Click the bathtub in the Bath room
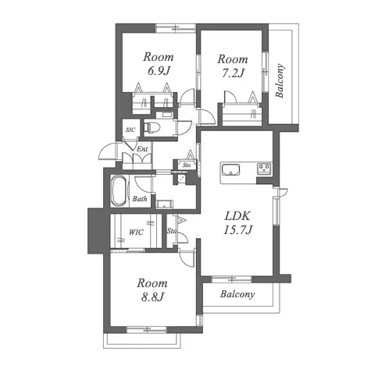click(120, 191)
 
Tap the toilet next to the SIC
click(152, 127)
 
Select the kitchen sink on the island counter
click(230, 170)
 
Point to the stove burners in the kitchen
click(264, 168)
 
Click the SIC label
click(130, 130)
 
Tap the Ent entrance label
click(142, 149)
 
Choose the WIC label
click(136, 232)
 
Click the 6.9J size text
click(159, 71)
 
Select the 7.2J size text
click(233, 73)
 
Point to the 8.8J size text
click(152, 297)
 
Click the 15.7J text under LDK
click(237, 229)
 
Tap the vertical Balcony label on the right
click(280, 80)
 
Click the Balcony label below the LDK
click(237, 294)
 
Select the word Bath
click(140, 199)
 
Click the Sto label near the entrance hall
click(187, 165)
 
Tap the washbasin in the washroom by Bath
click(164, 204)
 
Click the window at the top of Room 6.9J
click(176, 28)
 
